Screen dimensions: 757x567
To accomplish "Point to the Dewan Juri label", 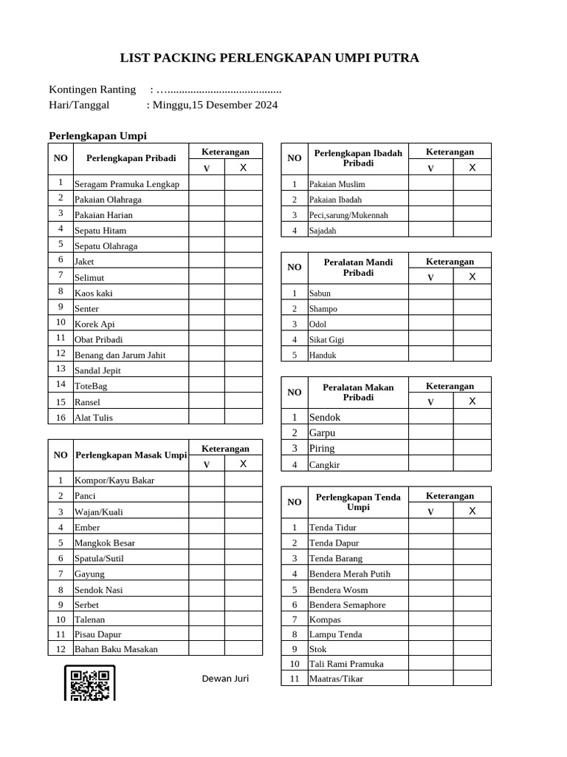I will (225, 679).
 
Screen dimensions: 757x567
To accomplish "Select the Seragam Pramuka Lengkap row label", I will (127, 184).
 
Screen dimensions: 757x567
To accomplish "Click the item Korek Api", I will (94, 324).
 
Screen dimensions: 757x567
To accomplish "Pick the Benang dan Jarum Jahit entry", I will (120, 355).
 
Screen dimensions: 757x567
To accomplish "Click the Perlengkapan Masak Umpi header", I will (131, 455).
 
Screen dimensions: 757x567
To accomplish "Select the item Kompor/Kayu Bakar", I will (114, 481).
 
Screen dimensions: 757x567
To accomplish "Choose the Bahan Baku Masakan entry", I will (116, 649).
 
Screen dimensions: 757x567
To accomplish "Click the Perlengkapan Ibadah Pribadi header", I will (358, 157).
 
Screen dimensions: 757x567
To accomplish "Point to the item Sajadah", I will (323, 231).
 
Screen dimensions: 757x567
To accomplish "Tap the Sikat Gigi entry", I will (326, 340).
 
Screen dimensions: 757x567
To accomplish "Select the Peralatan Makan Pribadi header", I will (358, 392).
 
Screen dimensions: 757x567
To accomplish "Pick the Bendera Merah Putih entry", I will (349, 574).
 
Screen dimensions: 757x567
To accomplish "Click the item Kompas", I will (325, 619).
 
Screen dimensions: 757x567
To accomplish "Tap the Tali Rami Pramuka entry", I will (346, 664).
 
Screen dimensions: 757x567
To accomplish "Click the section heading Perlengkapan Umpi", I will (97, 136).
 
